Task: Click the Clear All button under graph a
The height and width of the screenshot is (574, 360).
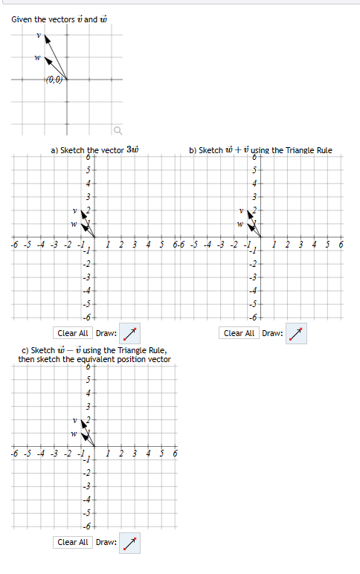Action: (73, 333)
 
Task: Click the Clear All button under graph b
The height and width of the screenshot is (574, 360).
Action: (240, 333)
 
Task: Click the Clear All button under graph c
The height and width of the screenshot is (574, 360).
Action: (73, 542)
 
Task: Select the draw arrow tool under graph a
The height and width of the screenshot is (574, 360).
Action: (129, 333)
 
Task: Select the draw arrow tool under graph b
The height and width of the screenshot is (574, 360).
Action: (296, 333)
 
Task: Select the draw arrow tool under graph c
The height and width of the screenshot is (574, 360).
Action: (129, 542)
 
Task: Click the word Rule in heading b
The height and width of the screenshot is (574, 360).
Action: (321, 150)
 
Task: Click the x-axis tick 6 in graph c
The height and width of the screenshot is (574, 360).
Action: (176, 453)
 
